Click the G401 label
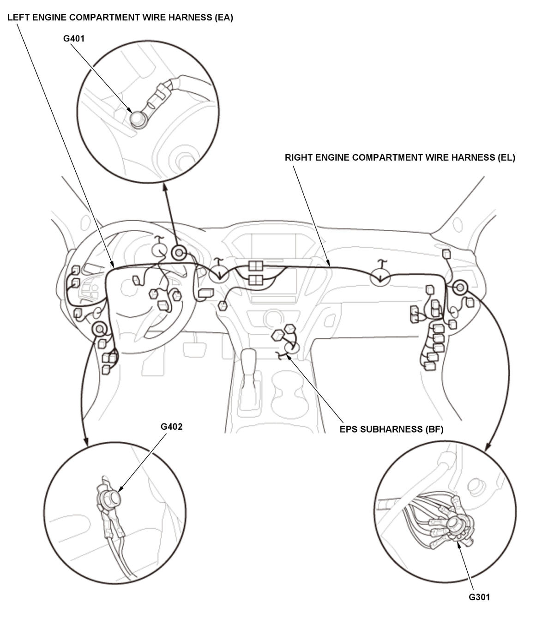pos(74,39)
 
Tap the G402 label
pos(171,427)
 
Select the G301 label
pos(479,597)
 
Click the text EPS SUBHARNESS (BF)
pos(391,429)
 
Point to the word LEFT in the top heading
pos(18,18)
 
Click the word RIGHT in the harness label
pos(299,157)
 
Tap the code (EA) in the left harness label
pos(223,18)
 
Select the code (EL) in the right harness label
pos(506,157)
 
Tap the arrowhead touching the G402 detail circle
pos(86,442)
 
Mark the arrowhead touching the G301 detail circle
pos(488,447)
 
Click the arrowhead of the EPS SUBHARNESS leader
pos(288,356)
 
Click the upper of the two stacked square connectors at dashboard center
pos(256,266)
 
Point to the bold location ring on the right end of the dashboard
pos(460,287)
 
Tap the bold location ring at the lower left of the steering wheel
pos(99,329)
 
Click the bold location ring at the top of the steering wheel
pos(179,253)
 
